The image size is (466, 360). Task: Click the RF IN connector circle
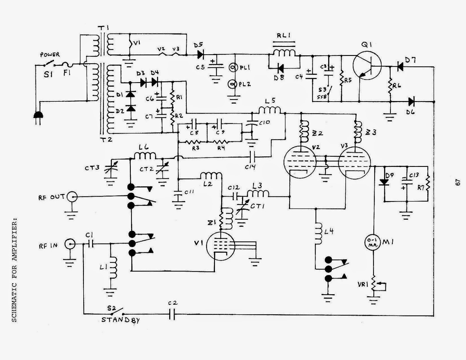[70, 244]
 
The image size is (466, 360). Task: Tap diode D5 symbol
[200, 54]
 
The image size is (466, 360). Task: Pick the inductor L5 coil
[270, 110]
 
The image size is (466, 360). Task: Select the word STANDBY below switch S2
[120, 320]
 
